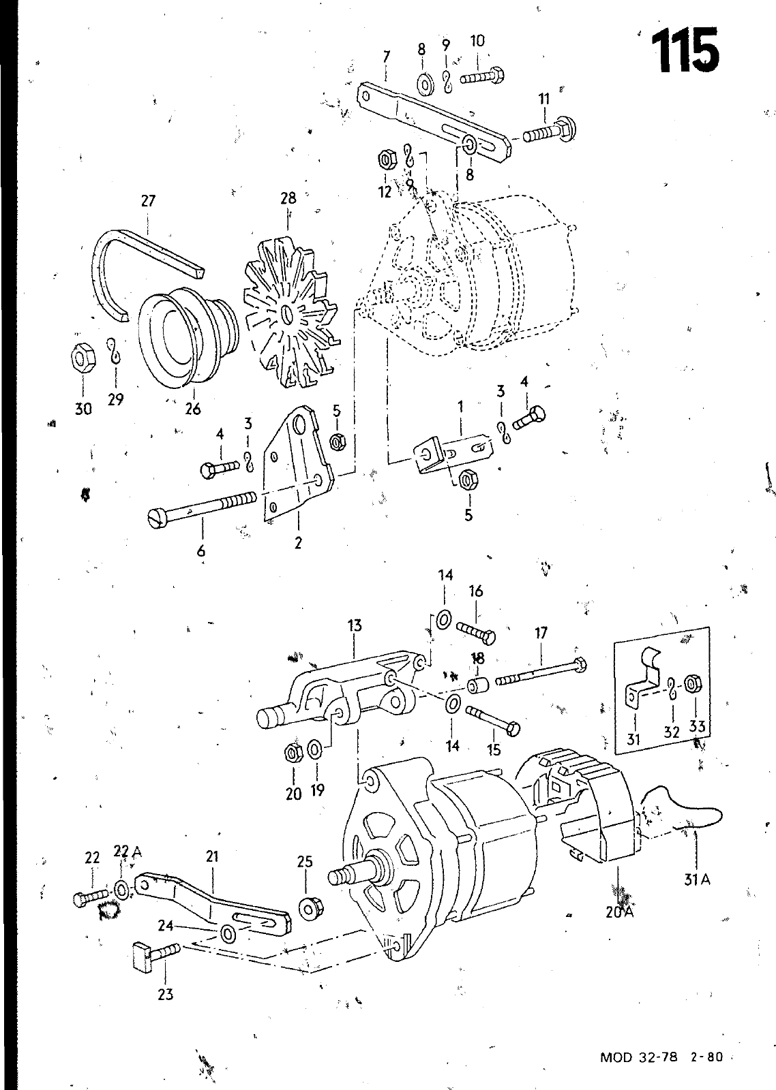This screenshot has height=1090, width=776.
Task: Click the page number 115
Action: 685,50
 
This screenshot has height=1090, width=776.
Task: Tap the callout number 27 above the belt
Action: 148,200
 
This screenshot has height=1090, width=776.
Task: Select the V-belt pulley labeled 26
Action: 188,337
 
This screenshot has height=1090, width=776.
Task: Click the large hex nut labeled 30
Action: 83,359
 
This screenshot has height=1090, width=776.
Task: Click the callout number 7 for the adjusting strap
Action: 386,57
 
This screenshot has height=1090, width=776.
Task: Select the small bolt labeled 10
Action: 482,76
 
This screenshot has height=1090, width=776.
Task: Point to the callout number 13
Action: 355,626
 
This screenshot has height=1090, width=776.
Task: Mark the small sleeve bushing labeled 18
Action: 478,686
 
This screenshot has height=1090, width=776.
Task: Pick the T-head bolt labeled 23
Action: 156,951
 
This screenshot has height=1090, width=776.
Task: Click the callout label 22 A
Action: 127,851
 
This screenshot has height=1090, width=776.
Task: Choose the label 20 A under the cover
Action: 619,912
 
